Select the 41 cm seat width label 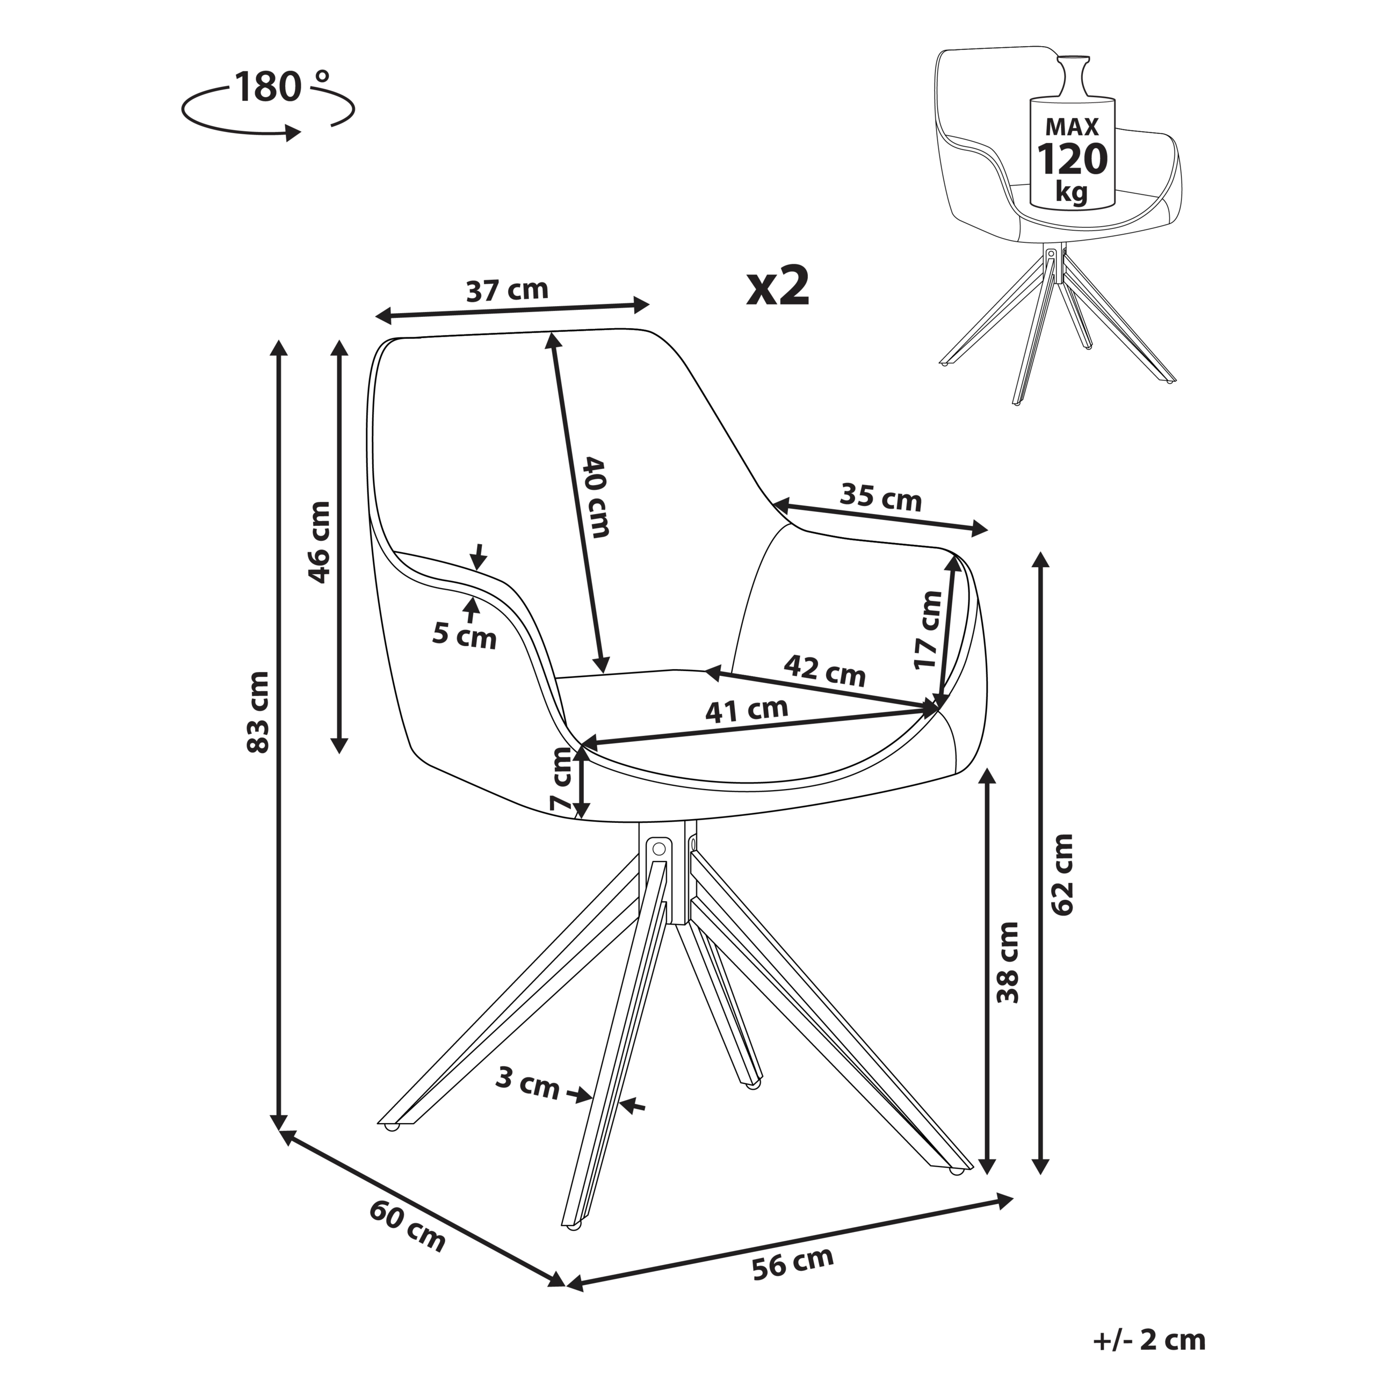point(747,710)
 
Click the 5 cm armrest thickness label point(464,635)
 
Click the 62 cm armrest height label point(1062,874)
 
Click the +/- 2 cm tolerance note point(1149,1340)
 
